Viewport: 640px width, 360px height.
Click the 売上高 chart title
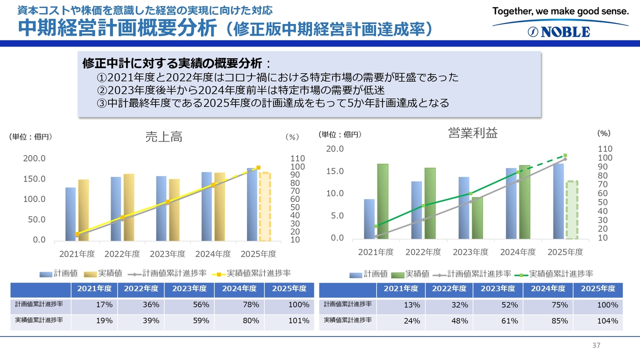(163, 137)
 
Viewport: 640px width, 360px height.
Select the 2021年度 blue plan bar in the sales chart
(70, 213)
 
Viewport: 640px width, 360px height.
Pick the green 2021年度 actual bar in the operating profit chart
(382, 200)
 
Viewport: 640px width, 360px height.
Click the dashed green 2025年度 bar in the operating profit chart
(571, 209)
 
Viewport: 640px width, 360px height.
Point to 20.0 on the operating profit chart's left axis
(334, 149)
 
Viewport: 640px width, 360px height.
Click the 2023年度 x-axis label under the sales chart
(167, 254)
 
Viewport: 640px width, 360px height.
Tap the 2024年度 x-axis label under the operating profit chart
(518, 252)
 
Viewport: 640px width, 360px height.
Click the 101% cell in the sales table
(299, 321)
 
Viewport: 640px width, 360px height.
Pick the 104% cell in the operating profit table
(607, 321)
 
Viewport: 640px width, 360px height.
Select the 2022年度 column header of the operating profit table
(449, 288)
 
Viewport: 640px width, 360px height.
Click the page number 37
(595, 345)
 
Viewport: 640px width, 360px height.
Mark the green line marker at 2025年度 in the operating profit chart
(565, 155)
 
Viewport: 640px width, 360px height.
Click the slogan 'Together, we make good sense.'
(560, 11)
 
